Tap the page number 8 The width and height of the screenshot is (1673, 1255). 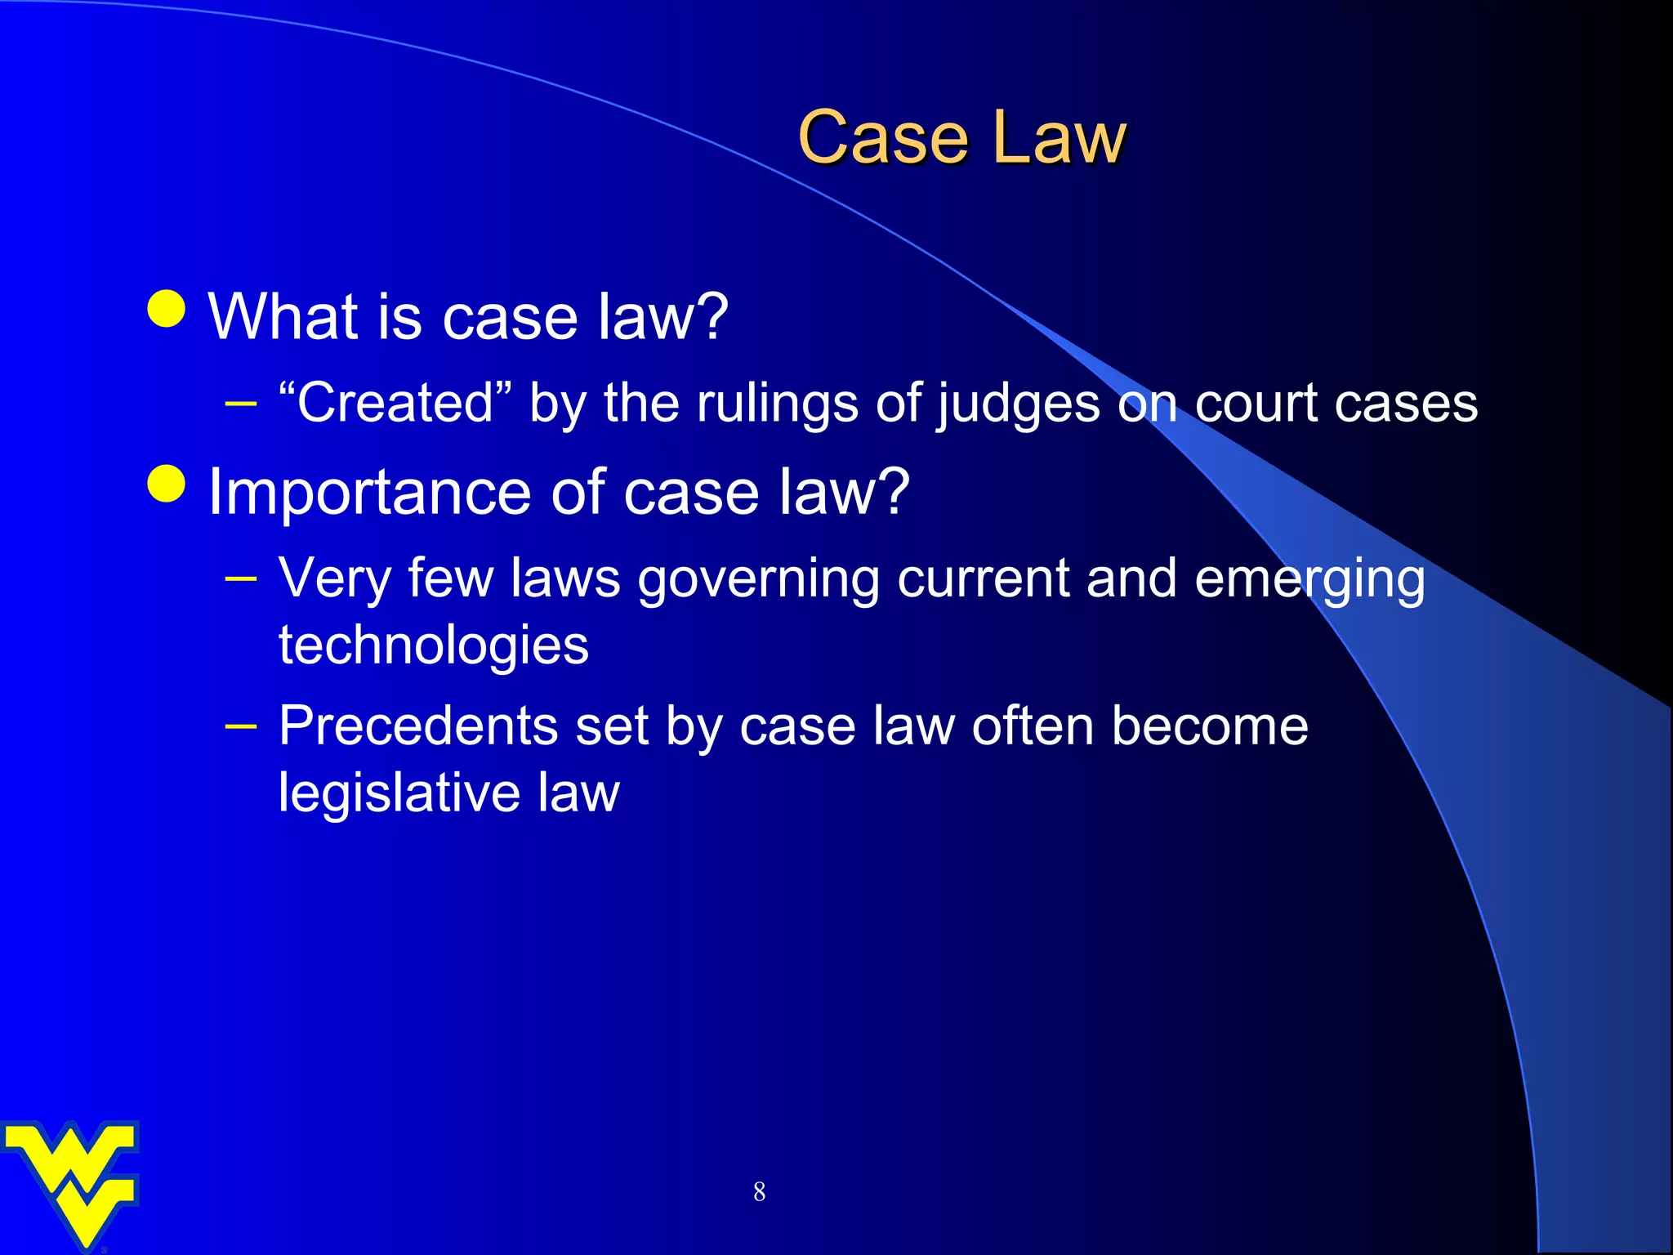[x=759, y=1192]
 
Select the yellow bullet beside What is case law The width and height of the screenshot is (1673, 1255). [x=167, y=309]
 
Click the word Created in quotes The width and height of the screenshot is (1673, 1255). [x=395, y=403]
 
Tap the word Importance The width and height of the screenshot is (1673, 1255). [x=370, y=493]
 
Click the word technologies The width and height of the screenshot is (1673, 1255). [x=433, y=645]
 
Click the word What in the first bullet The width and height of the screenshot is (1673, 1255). [x=283, y=316]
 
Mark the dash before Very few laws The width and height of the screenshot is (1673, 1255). [x=241, y=579]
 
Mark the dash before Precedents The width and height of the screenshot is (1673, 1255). [x=241, y=726]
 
